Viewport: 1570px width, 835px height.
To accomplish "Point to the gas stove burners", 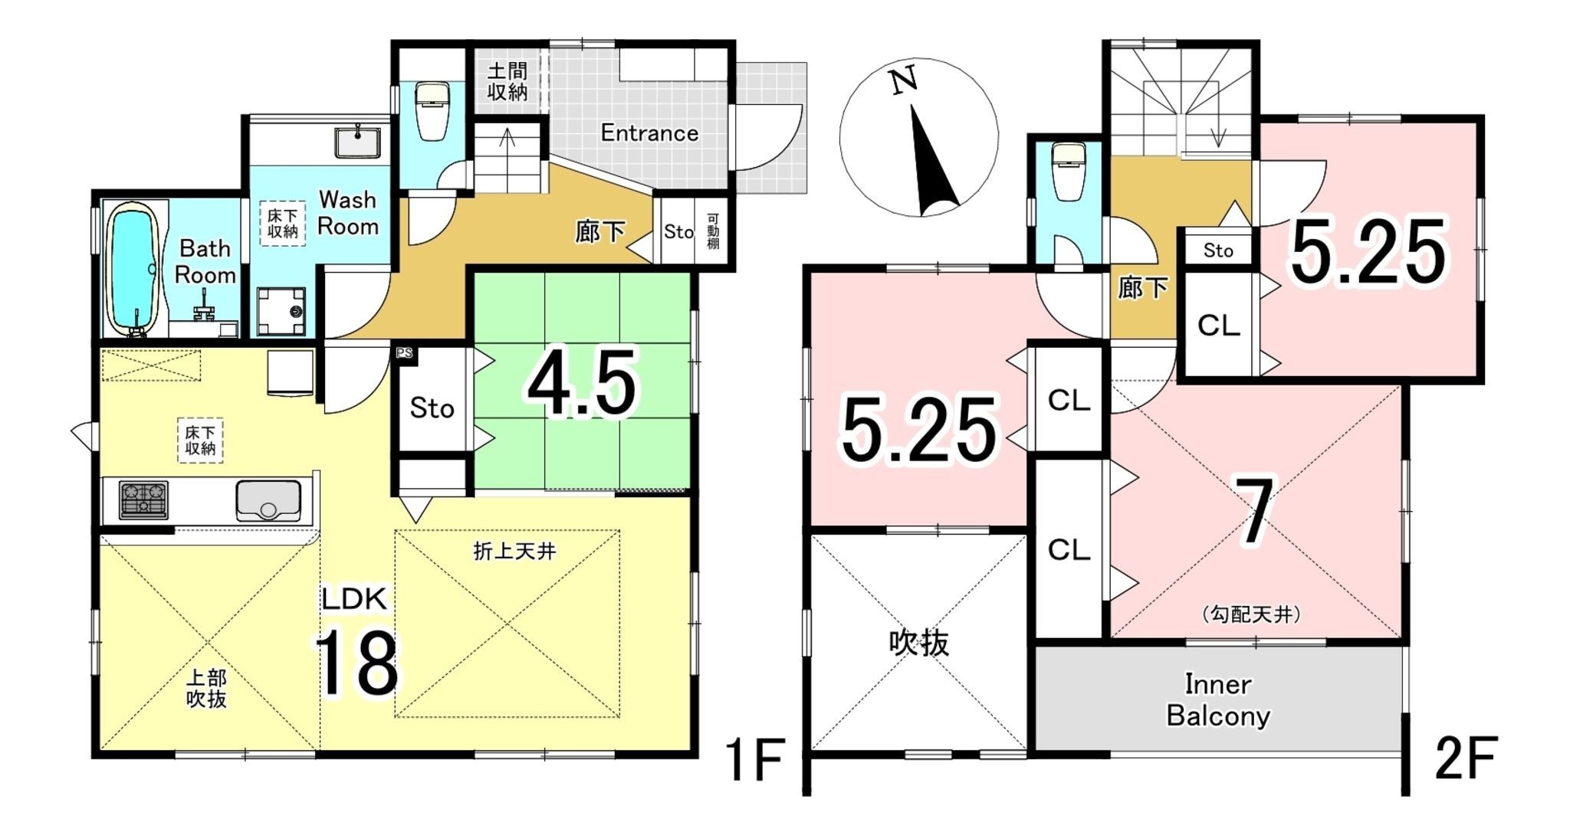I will tap(143, 500).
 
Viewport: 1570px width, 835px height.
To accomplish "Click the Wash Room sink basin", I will tap(356, 143).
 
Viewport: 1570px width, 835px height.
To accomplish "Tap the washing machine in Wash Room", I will tap(281, 311).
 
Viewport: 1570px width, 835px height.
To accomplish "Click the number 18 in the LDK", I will tap(356, 664).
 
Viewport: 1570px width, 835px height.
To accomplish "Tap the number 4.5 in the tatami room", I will tap(582, 384).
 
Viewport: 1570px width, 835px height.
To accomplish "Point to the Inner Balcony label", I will tap(1217, 700).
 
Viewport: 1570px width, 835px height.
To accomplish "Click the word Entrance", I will tap(649, 133).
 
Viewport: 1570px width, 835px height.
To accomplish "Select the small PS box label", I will tap(404, 353).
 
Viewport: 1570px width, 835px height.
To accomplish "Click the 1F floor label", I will tap(754, 759).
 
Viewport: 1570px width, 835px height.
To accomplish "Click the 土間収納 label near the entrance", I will tap(507, 82).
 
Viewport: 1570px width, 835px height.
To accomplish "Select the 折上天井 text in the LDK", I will tap(514, 551).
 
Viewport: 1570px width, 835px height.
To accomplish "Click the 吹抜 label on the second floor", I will tap(918, 643).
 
